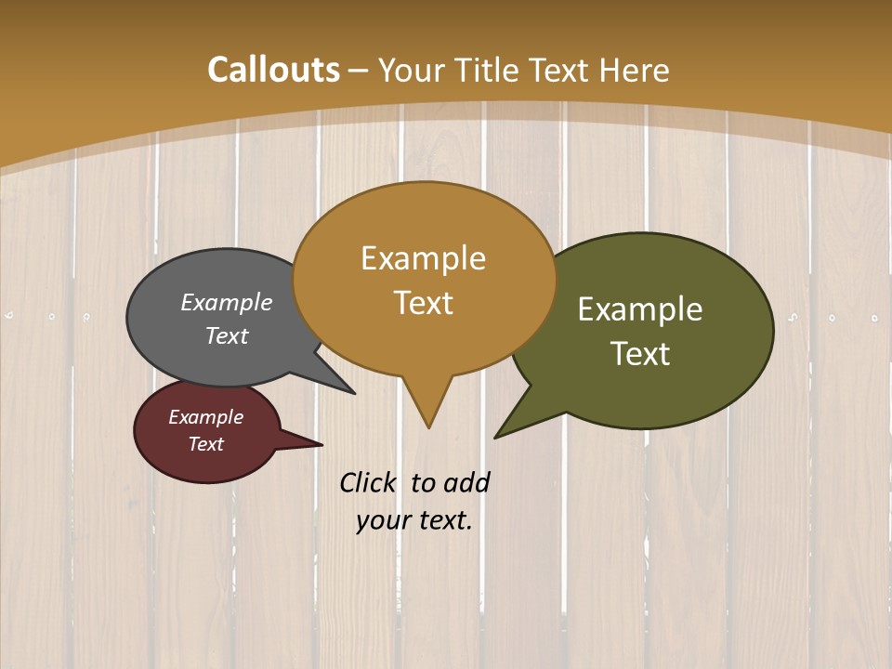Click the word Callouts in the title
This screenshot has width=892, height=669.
273,70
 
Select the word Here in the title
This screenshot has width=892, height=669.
635,70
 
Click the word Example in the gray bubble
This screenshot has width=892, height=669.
227,302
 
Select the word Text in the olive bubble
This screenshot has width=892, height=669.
640,354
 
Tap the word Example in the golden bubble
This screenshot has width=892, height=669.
424,258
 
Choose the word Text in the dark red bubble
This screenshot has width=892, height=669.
206,444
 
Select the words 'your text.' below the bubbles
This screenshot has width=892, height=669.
414,519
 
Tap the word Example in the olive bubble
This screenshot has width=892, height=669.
640,308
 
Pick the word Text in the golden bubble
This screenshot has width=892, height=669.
424,303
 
